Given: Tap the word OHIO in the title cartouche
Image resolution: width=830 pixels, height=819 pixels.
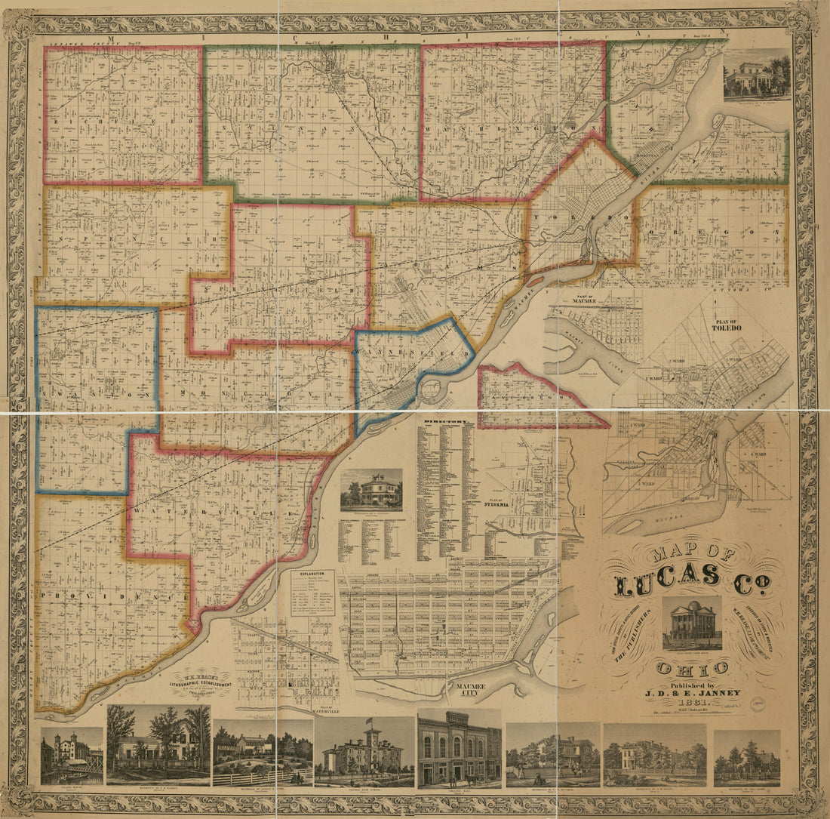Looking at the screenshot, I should coord(692,667).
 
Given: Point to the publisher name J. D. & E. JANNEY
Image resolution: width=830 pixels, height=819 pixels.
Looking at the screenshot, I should coord(692,692).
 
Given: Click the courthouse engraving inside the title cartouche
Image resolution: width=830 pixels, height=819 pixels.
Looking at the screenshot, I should coord(692,623).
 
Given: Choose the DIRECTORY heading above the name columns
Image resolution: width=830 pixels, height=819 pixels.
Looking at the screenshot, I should coord(447,420).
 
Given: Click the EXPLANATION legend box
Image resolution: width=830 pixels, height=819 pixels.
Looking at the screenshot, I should coord(313,593).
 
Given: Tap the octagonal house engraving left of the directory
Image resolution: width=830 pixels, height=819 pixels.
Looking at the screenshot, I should coord(370,490).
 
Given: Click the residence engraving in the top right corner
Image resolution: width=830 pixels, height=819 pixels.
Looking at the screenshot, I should coord(757,75).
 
